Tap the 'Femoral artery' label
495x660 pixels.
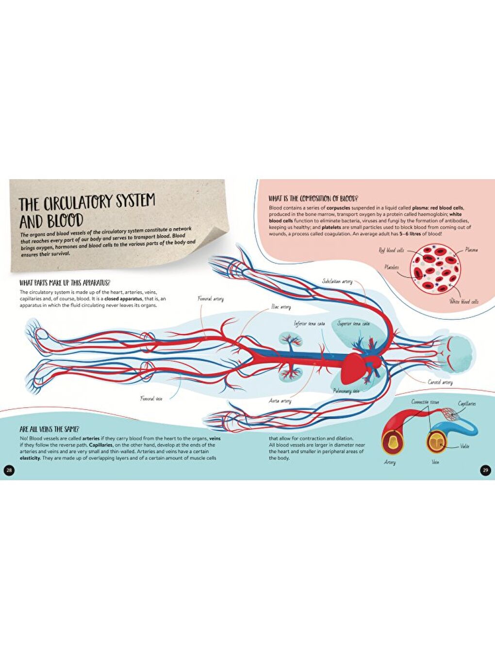coord(211,299)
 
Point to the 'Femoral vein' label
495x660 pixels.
coord(151,398)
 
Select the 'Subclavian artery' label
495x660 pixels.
coord(337,281)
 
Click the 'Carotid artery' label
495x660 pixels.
coord(440,382)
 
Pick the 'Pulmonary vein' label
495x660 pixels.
coord(346,391)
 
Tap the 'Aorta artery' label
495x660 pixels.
coord(280,401)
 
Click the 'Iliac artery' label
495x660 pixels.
coord(281,307)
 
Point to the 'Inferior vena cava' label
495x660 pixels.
coord(309,324)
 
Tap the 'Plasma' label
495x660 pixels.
coord(471,250)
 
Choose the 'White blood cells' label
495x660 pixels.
coord(463,302)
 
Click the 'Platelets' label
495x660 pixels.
coord(392,267)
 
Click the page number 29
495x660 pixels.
coord(485,470)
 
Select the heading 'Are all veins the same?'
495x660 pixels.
coord(49,429)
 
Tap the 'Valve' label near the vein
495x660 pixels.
coord(465,446)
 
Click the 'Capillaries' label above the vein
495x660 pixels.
coord(466,404)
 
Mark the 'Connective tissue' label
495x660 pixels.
coord(425,402)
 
